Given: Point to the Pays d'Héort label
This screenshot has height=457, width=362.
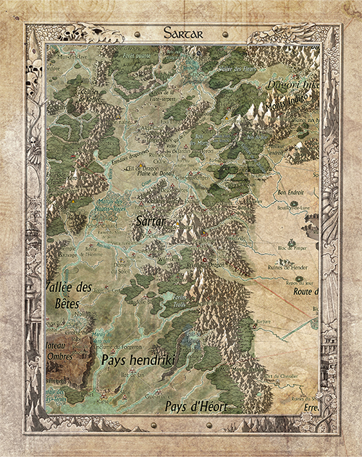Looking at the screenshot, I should pyautogui.click(x=195, y=407).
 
